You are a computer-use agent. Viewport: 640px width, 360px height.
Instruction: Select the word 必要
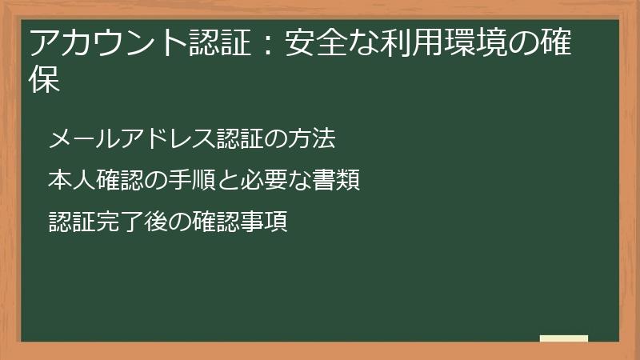click(262, 181)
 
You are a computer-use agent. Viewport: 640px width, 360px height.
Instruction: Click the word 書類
click(335, 181)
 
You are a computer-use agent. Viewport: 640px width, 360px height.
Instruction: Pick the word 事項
click(263, 222)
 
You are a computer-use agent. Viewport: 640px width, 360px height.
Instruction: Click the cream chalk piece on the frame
click(564, 338)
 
